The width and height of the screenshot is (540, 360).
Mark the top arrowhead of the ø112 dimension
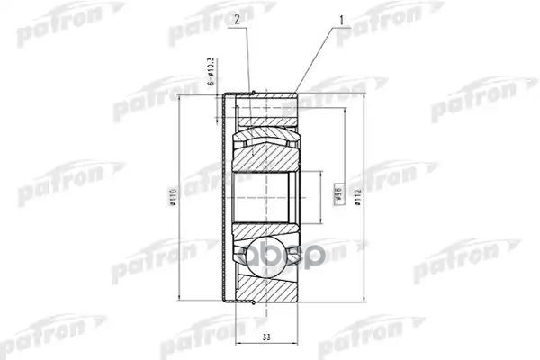pyautogui.click(x=360, y=94)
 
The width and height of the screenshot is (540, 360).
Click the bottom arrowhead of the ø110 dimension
pyautogui.click(x=182, y=293)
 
